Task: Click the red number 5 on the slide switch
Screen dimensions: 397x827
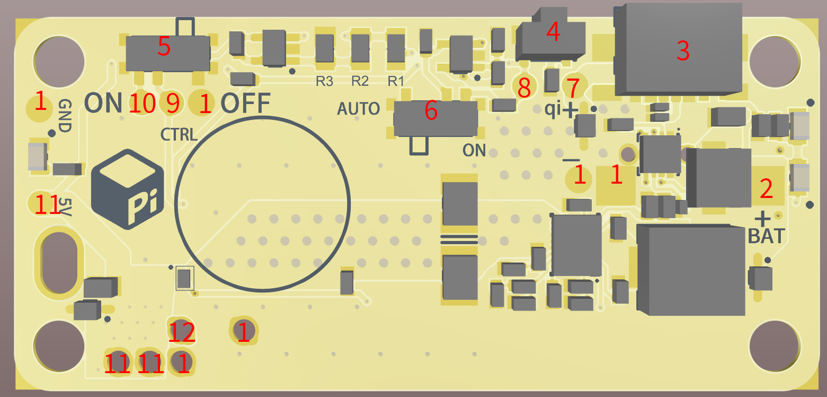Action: tap(164, 48)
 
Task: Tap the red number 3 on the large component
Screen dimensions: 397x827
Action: tap(683, 51)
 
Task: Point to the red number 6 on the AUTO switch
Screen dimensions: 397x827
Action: tap(431, 111)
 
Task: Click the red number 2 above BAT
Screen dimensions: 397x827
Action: tap(766, 189)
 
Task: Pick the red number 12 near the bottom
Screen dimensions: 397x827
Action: tap(182, 333)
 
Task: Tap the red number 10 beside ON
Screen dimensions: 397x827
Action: tap(143, 103)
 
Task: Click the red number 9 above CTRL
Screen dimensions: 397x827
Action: tap(173, 103)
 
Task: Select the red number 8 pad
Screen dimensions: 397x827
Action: tap(524, 88)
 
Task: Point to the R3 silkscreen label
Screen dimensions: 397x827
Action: tap(324, 82)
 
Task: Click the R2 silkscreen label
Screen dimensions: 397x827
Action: tap(360, 82)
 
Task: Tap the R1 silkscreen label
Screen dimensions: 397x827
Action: tap(396, 82)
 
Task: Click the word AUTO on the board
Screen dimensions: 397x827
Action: tap(359, 109)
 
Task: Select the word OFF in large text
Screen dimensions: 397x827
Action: tap(245, 103)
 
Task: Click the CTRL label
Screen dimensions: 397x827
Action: tap(179, 134)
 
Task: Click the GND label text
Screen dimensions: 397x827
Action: tap(65, 116)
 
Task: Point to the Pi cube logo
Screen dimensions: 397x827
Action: tap(127, 189)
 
